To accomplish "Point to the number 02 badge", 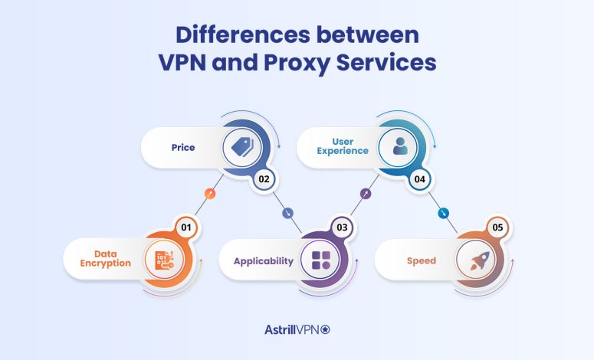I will pyautogui.click(x=264, y=181).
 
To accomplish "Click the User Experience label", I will pyautogui.click(x=344, y=146).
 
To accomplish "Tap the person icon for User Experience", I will pyautogui.click(x=400, y=146).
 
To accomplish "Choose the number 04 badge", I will pyautogui.click(x=421, y=181).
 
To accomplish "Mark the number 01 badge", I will pyautogui.click(x=185, y=227).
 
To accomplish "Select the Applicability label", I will pyautogui.click(x=264, y=260).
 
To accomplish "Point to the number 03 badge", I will pyautogui.click(x=343, y=227).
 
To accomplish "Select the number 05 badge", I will pyautogui.click(x=498, y=227).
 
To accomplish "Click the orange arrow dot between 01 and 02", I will pyautogui.click(x=211, y=194).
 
